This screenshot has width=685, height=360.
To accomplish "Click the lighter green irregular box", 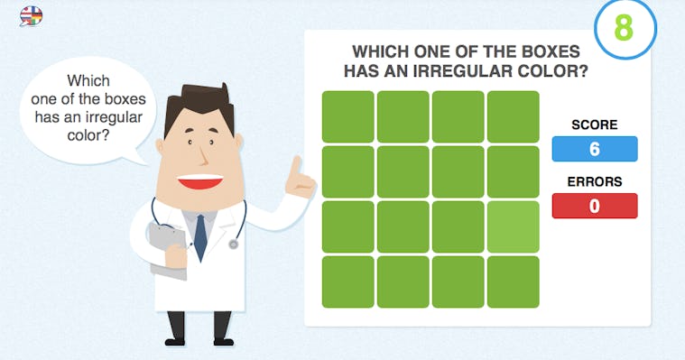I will [x=513, y=226].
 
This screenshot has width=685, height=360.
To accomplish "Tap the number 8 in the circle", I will [x=624, y=28].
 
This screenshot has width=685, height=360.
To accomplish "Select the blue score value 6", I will [x=595, y=149].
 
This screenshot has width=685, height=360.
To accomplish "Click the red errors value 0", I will [x=595, y=206].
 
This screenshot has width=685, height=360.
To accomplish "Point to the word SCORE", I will [x=595, y=125].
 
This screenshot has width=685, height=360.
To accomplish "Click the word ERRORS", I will [x=595, y=181].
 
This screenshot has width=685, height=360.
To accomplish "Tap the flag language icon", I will [x=31, y=15].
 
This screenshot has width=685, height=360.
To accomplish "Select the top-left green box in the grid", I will [x=347, y=116].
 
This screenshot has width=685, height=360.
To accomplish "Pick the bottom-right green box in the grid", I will [x=513, y=282].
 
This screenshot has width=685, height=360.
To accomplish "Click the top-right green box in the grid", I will [x=513, y=116].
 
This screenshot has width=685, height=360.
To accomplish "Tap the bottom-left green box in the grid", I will [x=347, y=282].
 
